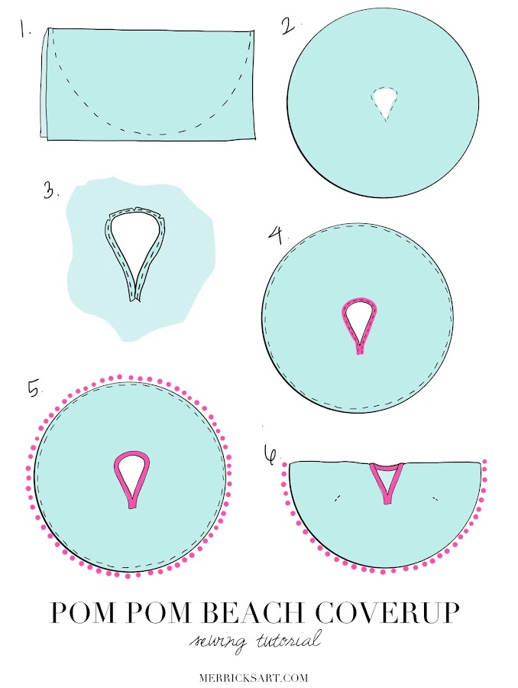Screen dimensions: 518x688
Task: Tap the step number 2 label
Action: [x=287, y=27]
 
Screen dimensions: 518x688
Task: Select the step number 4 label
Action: [x=275, y=232]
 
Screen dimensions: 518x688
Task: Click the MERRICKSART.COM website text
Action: [x=259, y=675]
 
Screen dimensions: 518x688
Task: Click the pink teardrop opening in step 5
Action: [x=132, y=474]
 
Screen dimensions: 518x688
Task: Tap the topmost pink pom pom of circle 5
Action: [x=131, y=377]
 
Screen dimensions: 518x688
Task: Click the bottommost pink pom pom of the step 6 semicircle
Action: [x=386, y=573]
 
